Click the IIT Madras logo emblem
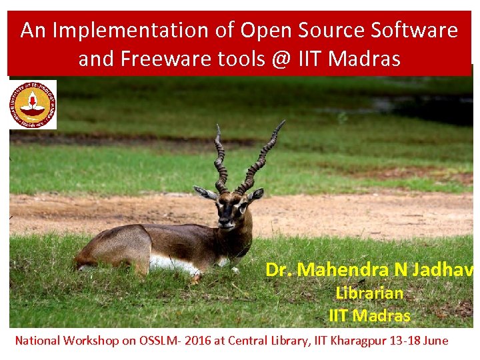(33, 104)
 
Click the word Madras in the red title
(365, 59)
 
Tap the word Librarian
(369, 293)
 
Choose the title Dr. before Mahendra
(279, 270)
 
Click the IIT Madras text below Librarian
(369, 315)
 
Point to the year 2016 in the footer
(197, 341)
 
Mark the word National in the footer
(37, 341)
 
